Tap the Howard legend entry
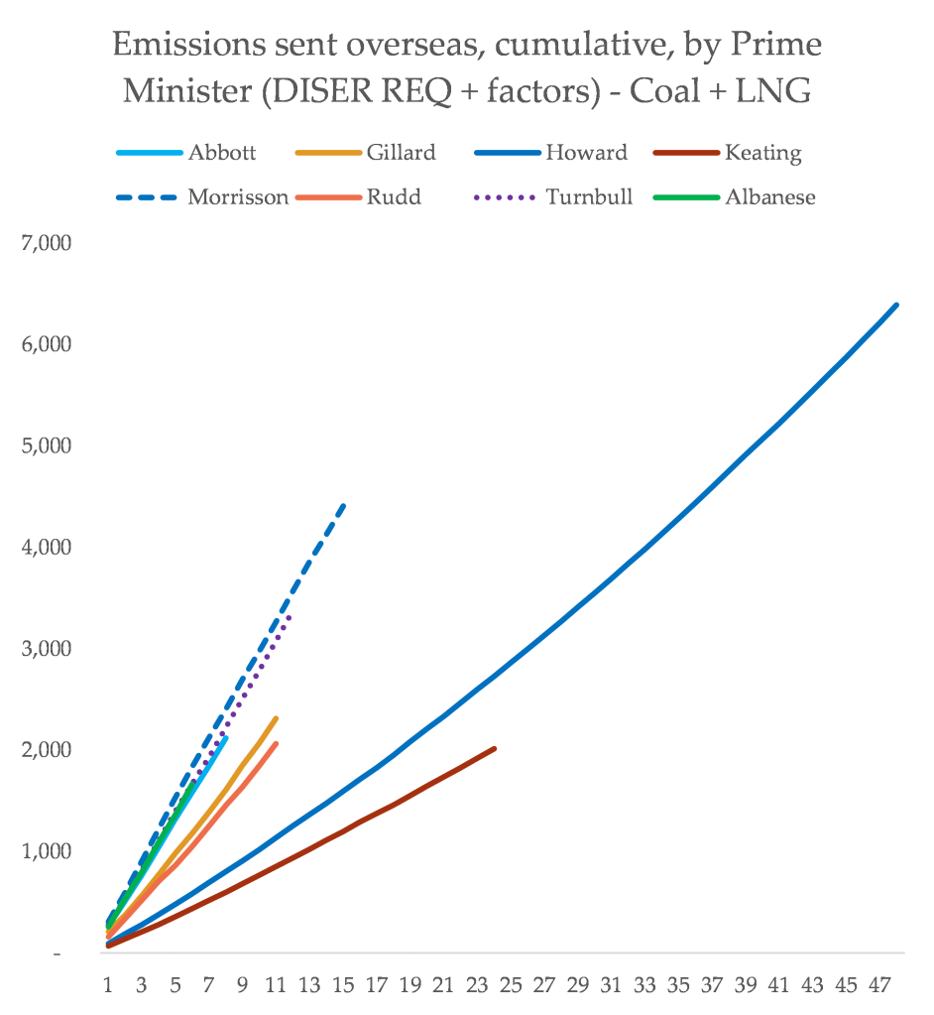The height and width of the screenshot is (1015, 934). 586,153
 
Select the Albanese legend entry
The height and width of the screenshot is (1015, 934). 769,196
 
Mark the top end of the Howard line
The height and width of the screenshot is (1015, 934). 897,305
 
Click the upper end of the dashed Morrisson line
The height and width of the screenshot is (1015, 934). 344,504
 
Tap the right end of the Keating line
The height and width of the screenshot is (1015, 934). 494,748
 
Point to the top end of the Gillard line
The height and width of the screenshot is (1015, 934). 276,718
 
